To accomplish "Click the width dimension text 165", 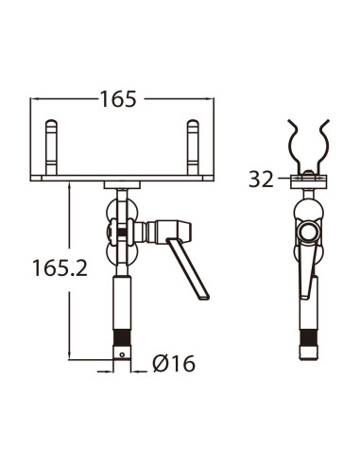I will tap(118, 98).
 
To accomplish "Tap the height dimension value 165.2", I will tap(59, 267).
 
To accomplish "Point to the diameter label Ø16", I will tap(173, 363).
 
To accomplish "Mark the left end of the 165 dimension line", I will tap(35, 98).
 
